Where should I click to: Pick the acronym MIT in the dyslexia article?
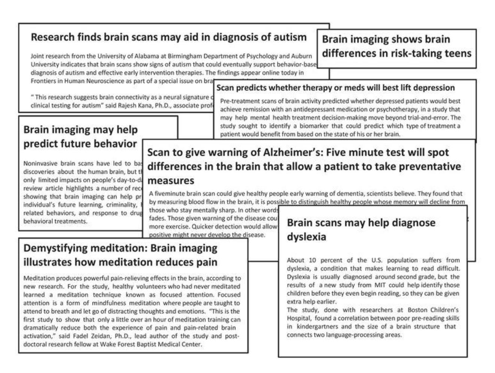pos(380,285)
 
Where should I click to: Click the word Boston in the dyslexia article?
pos(417,310)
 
